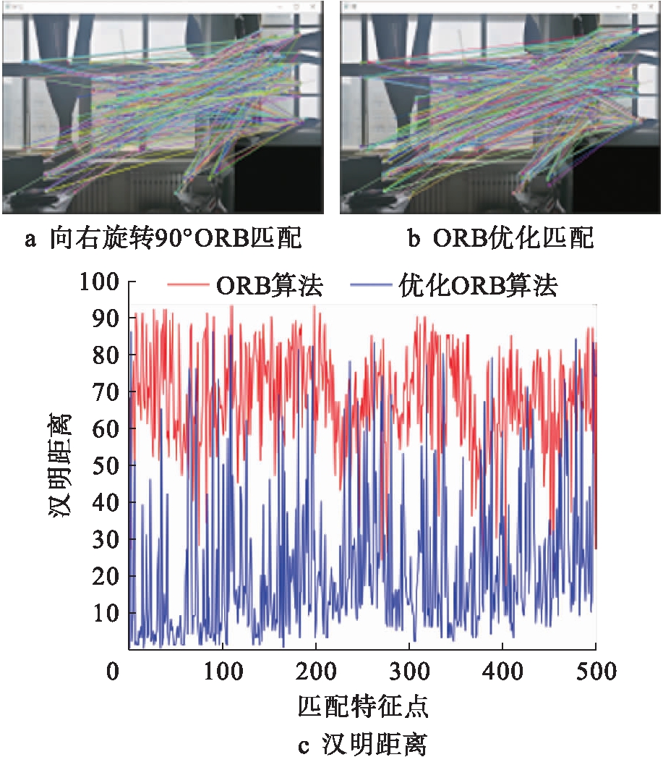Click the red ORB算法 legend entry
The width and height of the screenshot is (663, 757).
pos(246,287)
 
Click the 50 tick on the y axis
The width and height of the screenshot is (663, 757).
pos(105,466)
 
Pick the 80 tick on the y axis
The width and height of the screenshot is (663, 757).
pos(105,355)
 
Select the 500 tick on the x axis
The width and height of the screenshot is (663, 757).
pos(595,672)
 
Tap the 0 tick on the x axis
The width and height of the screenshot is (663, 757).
pos(113,672)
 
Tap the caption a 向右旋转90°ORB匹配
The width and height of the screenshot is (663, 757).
pos(163,238)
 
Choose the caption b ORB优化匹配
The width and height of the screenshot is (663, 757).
pos(500,238)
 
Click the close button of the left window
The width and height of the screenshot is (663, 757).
pos(312,6)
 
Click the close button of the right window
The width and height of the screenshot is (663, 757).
pos(651,6)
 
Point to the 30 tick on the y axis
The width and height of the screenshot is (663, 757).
pos(105,540)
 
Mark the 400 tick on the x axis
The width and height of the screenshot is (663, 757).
pos(502,672)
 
